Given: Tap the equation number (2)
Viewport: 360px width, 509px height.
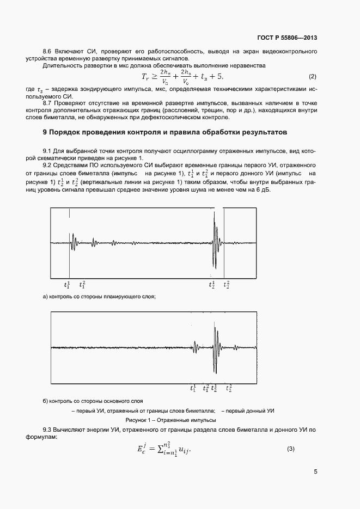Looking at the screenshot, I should pos(312,76).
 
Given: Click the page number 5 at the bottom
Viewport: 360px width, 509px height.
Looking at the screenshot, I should pos(315,472).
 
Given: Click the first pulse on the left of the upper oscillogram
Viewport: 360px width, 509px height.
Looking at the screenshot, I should pos(73,243).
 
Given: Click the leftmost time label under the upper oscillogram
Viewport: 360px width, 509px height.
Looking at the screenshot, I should pos(68,284).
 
